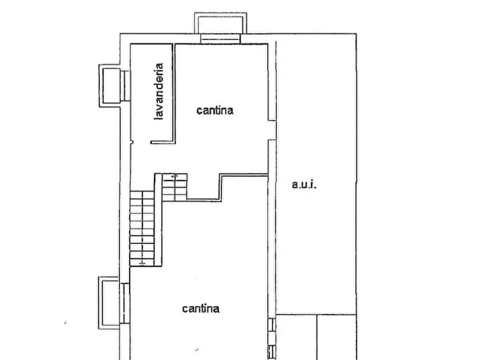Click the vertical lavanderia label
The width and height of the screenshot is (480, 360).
click(159, 91)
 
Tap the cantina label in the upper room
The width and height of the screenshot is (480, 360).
click(215, 110)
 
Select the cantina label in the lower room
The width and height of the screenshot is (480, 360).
click(201, 308)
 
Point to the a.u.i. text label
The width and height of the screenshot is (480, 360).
click(304, 184)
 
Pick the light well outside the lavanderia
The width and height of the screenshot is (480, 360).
click(110, 85)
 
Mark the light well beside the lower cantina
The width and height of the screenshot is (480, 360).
click(109, 303)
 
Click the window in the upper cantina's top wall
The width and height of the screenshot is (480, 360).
click(220, 39)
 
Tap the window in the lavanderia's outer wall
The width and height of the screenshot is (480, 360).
click(125, 85)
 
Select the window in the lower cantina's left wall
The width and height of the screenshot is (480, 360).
click(125, 303)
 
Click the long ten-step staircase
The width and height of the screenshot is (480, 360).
click(142, 228)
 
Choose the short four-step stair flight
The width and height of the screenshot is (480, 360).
click(174, 187)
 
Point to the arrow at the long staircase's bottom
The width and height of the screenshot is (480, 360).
click(142, 263)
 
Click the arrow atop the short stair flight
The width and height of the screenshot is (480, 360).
click(174, 176)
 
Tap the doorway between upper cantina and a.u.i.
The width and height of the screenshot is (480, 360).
click(272, 130)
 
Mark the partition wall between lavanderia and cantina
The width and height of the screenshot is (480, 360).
click(174, 93)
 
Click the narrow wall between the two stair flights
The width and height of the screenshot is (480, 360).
click(158, 219)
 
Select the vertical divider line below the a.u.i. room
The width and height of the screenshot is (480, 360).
click(317, 337)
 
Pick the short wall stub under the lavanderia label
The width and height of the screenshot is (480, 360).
click(163, 142)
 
